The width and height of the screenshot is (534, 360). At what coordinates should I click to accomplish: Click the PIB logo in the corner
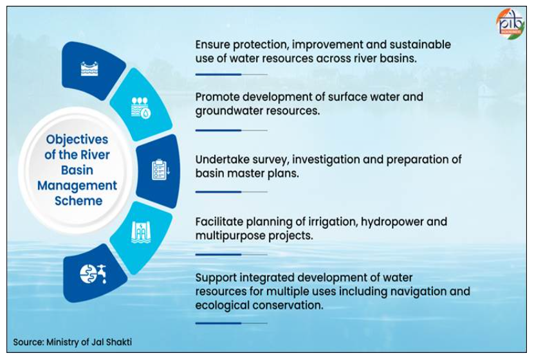(510, 24)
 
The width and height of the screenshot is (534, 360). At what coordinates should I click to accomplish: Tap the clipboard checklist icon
(160, 170)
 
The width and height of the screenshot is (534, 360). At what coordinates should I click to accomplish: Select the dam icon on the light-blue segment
(141, 233)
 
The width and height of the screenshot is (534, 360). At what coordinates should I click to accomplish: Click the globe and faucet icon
(93, 274)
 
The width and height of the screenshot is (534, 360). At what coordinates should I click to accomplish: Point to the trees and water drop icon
(141, 108)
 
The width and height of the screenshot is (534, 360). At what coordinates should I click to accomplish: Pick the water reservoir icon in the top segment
(89, 69)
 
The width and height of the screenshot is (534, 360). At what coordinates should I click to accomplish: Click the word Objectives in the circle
(77, 139)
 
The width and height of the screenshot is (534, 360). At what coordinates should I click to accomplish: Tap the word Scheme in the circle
(78, 201)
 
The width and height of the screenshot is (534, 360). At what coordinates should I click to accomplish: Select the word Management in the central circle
(77, 185)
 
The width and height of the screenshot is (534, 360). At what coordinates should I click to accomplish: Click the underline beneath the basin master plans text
(231, 192)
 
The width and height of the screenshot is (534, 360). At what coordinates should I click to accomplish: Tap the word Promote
(217, 97)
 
